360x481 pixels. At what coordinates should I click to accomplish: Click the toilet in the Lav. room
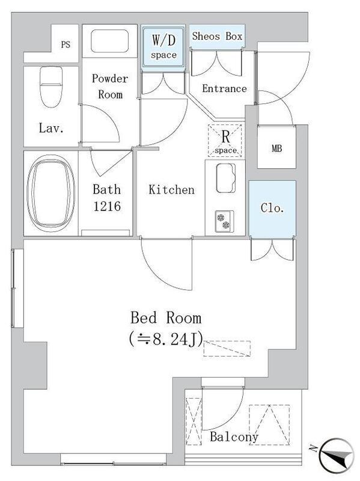(51, 87)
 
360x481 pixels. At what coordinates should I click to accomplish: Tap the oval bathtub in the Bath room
(51, 192)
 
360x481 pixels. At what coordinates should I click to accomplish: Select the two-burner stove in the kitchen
(224, 221)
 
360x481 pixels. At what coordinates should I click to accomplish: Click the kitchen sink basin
(226, 178)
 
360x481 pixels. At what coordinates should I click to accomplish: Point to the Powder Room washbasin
(109, 41)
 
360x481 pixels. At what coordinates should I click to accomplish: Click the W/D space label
(163, 47)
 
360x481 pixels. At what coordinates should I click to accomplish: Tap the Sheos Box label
(217, 36)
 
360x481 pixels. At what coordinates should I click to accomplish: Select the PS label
(66, 44)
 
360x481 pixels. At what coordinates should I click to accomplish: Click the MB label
(276, 149)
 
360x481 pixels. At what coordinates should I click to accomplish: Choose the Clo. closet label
(272, 208)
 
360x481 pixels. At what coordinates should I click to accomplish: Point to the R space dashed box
(225, 141)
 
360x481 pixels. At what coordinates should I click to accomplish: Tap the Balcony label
(234, 437)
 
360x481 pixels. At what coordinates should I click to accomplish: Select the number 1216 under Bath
(107, 206)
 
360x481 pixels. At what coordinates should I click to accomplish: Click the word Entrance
(224, 88)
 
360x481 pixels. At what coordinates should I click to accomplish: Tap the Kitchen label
(171, 189)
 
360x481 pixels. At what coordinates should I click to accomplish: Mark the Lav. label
(51, 128)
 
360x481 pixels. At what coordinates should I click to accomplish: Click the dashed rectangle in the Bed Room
(227, 349)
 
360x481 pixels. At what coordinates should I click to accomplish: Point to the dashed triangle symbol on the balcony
(269, 425)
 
